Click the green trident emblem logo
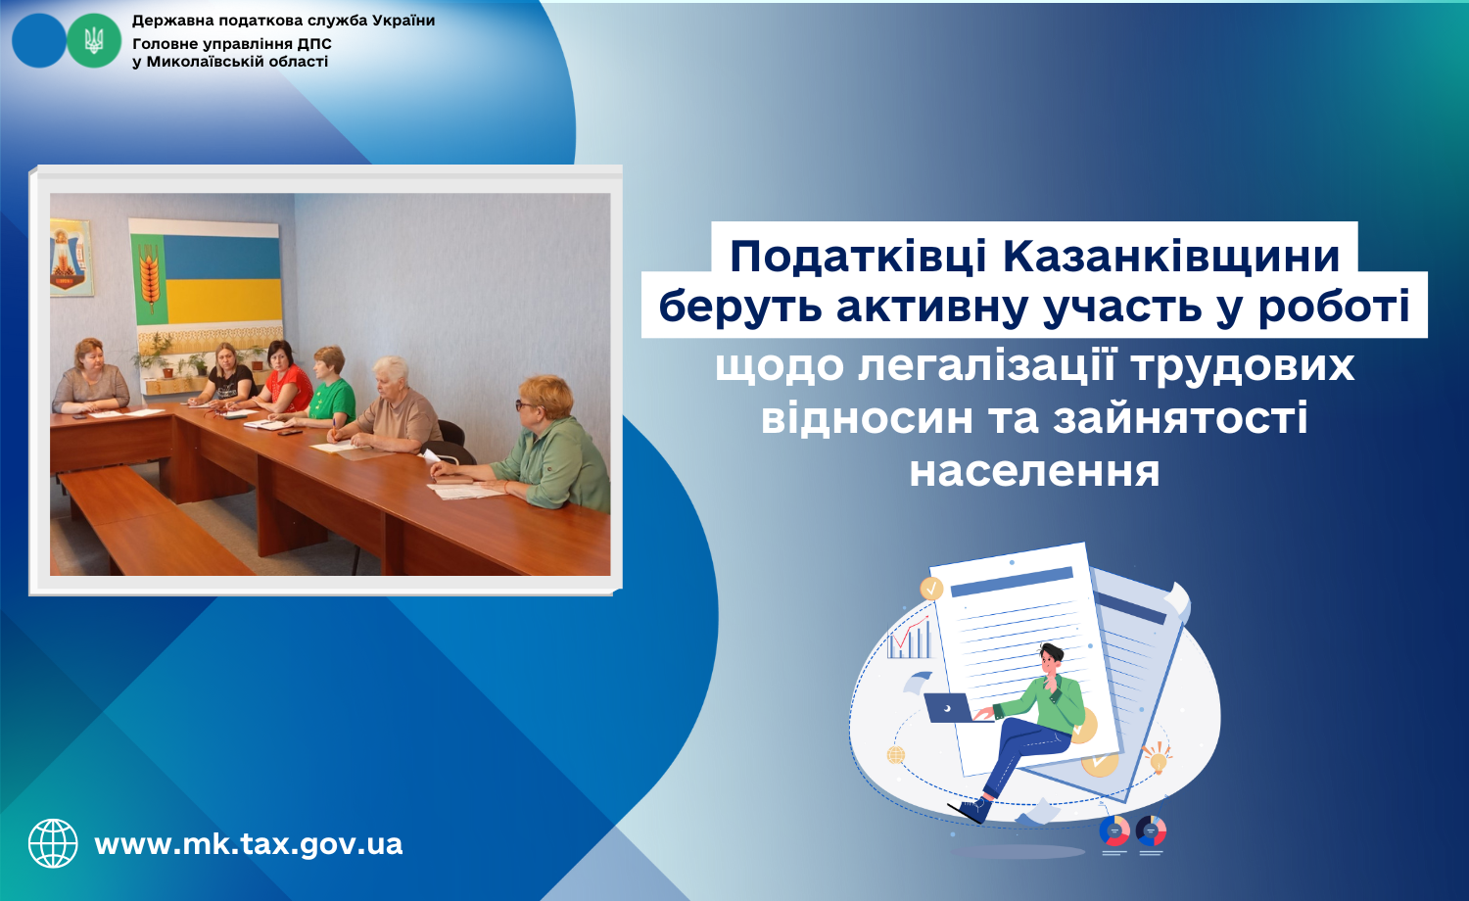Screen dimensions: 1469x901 [94, 41]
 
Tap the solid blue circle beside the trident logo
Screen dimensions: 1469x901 [39, 41]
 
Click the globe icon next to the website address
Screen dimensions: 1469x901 [53, 843]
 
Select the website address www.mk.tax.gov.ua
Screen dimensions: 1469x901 [249, 844]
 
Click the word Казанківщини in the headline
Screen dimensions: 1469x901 [1171, 256]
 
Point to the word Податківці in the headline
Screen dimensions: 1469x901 [858, 256]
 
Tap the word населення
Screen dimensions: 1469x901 [1034, 471]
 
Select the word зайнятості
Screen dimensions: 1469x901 [1180, 418]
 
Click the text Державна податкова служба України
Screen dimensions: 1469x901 [283, 21]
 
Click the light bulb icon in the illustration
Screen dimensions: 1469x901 [1158, 757]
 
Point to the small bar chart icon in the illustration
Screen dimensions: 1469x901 [909, 637]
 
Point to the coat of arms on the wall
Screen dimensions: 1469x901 [71, 258]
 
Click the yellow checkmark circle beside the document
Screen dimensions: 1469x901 [931, 589]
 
